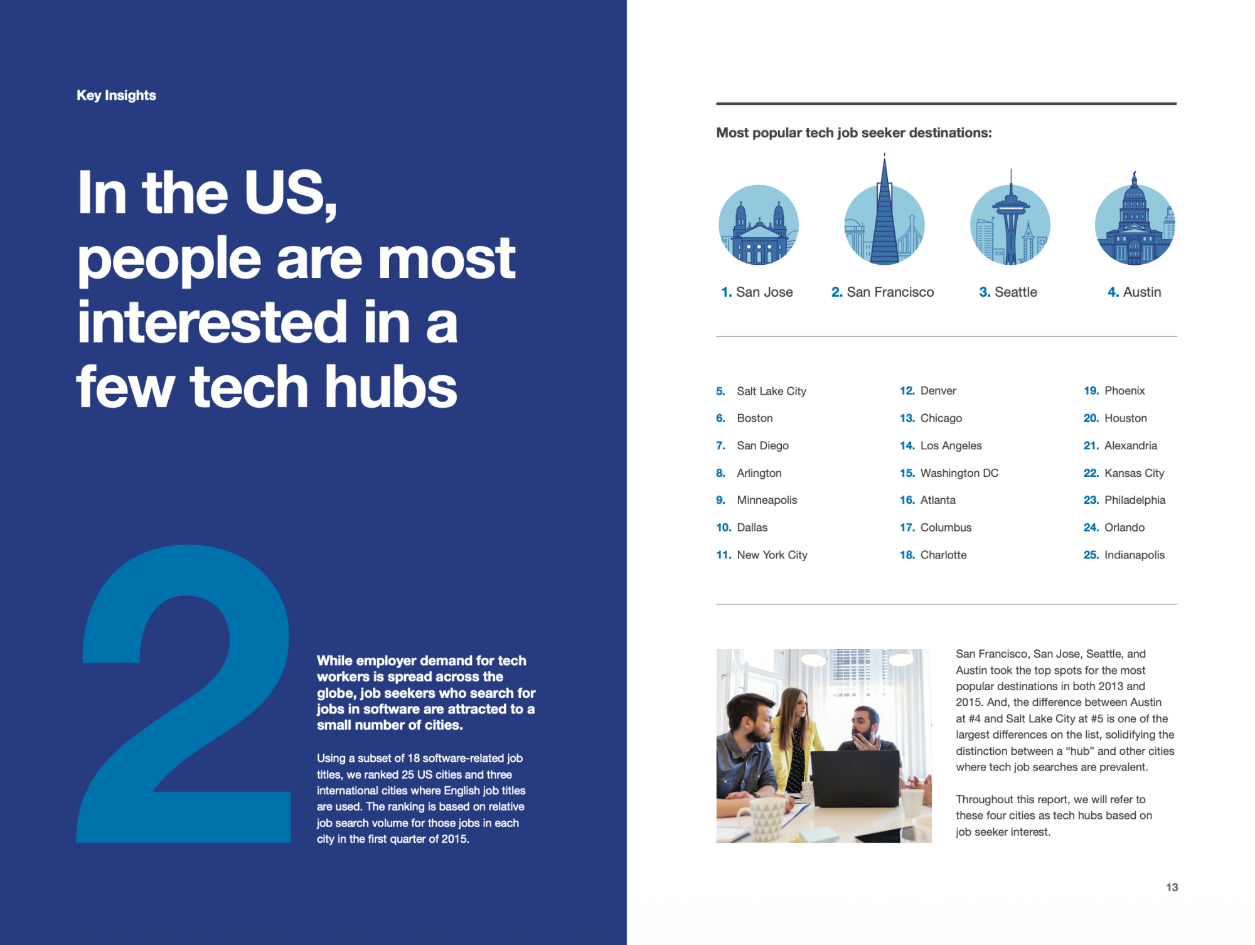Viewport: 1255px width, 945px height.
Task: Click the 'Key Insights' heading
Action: [x=116, y=95]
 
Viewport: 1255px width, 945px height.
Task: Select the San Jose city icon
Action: [x=759, y=225]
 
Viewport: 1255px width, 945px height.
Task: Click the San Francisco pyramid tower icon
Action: [x=884, y=213]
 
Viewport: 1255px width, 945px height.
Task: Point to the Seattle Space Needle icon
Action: [x=1010, y=220]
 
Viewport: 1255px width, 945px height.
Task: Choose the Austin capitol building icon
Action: [x=1135, y=220]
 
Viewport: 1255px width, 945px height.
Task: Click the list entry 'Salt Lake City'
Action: [x=771, y=391]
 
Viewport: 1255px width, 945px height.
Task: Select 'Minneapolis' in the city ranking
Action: [x=767, y=500]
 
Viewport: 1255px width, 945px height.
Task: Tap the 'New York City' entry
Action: [x=772, y=555]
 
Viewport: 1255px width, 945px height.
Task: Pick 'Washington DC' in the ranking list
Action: [x=959, y=473]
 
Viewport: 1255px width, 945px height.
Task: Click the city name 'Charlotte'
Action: [x=943, y=555]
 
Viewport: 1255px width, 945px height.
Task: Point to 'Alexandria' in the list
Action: [x=1131, y=446]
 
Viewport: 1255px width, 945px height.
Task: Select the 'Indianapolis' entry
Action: [x=1135, y=555]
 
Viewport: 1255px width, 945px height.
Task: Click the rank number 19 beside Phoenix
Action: [x=1091, y=391]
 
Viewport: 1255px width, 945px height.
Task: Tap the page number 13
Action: [x=1172, y=887]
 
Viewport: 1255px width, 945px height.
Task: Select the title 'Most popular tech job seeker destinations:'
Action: [x=854, y=133]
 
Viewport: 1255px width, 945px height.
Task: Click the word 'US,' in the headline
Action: [x=291, y=193]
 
